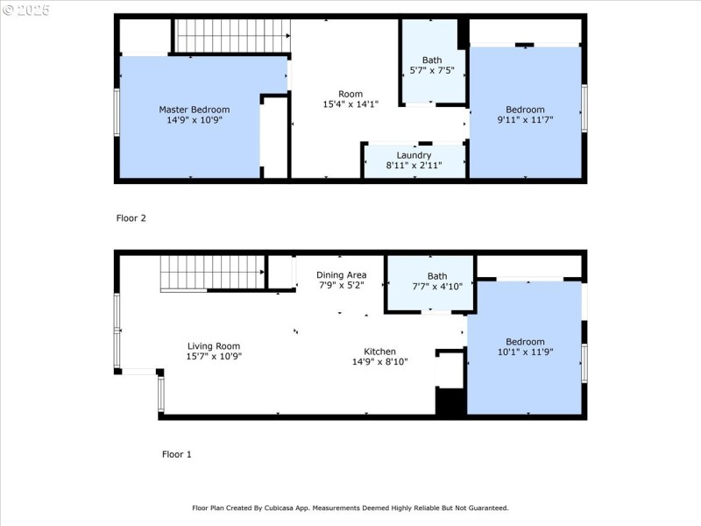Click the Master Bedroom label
[194, 110]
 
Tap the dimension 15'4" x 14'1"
[350, 104]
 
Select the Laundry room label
[414, 155]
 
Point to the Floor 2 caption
[131, 218]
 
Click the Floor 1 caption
[177, 454]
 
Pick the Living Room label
[214, 346]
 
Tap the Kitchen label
[379, 352]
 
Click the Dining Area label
[342, 275]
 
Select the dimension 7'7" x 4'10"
[437, 287]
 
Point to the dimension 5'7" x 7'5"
[432, 70]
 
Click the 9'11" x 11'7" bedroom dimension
[525, 120]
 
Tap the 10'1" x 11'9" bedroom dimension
[525, 352]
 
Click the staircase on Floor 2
[232, 36]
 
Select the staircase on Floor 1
[213, 273]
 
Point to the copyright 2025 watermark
[26, 10]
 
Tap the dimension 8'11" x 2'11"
[414, 166]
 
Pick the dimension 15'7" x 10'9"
[214, 357]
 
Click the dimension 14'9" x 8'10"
[379, 362]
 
